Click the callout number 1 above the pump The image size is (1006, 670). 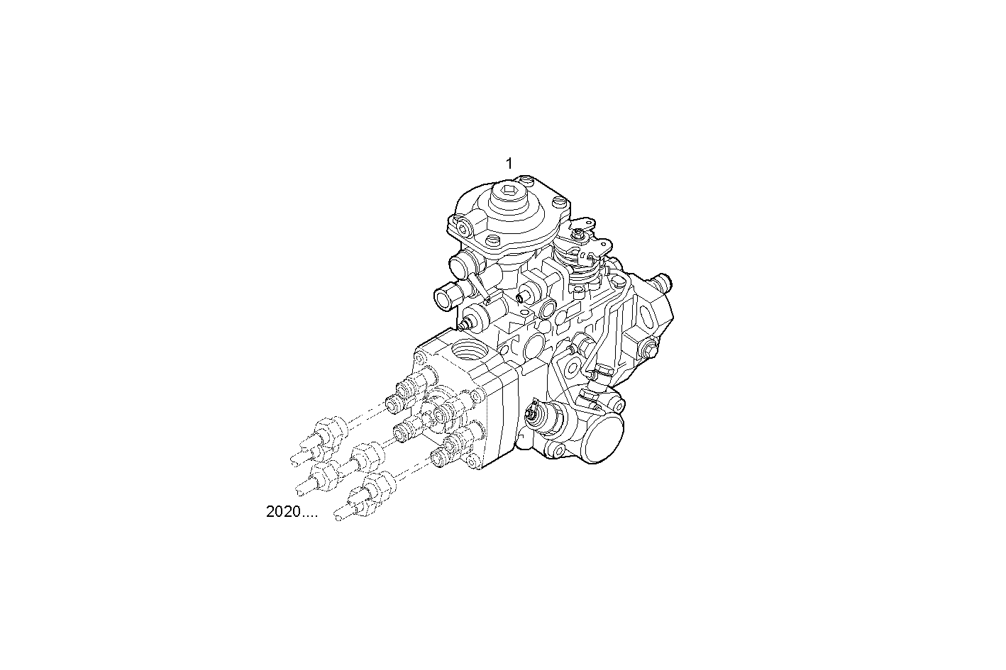509,164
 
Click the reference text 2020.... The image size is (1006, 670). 292,512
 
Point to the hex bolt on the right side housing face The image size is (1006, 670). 648,348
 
